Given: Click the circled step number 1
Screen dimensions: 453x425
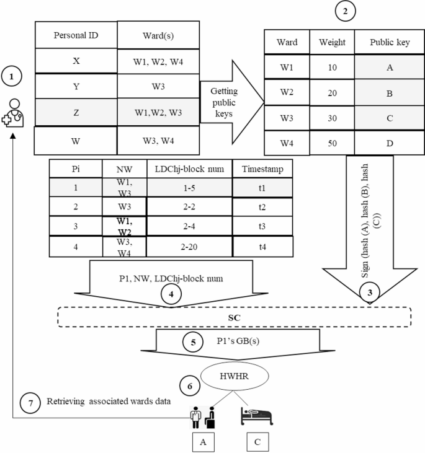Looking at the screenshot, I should pos(12,77).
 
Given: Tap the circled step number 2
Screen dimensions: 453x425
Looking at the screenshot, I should pos(345,11).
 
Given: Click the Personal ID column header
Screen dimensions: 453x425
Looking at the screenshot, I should pos(75,35).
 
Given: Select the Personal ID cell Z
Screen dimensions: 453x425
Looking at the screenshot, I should pos(75,112).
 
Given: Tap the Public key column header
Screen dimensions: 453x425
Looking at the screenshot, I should pos(390,42).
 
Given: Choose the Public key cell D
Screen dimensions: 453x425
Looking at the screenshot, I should pos(390,144).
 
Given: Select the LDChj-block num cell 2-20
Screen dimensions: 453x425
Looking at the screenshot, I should pos(189,246).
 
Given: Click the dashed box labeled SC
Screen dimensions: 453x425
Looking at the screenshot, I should pos(235,316).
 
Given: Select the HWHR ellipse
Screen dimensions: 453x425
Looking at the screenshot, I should pos(229,376).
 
